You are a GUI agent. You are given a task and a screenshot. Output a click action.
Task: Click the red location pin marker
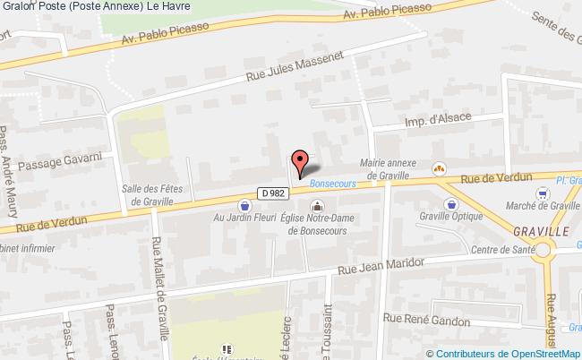tap(301, 161)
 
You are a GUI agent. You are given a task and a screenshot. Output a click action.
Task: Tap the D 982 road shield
tap(273, 193)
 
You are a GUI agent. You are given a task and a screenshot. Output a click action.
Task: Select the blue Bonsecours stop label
tap(334, 183)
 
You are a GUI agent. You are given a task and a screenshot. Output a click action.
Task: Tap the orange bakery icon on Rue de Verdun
tap(440, 167)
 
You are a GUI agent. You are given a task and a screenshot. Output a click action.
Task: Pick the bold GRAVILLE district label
tap(543, 230)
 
